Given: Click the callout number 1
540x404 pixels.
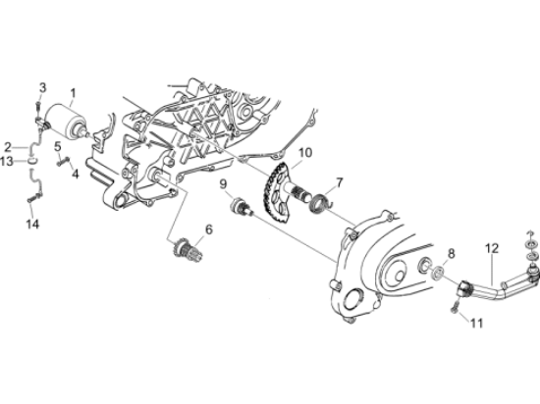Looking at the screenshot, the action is coord(73,93).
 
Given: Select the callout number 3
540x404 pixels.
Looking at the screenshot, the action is coord(42,87).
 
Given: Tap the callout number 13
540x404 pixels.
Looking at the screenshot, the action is coord(7,161).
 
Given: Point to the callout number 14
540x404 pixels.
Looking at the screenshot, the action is coord(33,225).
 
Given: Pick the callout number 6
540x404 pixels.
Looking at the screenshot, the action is coord(209,229).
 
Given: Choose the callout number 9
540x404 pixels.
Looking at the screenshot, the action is coord(224,184).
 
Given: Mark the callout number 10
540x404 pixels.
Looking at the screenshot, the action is coord(305,152).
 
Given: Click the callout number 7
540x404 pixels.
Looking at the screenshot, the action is coord(340,182).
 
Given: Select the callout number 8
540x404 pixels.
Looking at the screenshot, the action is coord(452,254).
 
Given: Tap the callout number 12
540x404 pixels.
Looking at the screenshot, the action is coord(492,248).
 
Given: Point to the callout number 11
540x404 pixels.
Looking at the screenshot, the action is coord(477,323).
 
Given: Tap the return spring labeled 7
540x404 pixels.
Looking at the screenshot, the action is coord(322,203).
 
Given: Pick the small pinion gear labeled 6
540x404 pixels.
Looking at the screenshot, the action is coord(187,250).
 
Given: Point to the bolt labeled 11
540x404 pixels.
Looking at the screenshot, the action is coord(455,306).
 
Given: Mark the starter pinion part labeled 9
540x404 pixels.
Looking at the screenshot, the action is coord(242,207).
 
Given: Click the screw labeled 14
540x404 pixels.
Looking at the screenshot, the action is coord(34,198).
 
